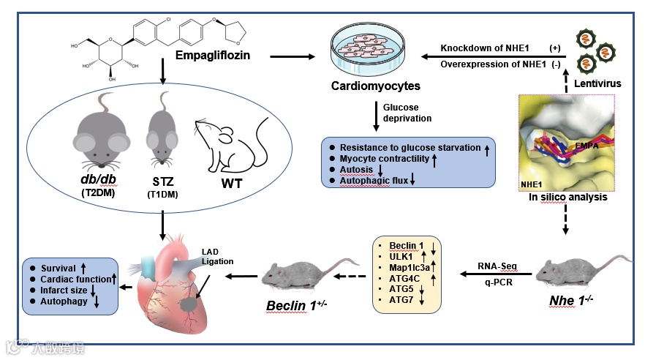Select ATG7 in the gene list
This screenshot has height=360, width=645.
click(x=401, y=301)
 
